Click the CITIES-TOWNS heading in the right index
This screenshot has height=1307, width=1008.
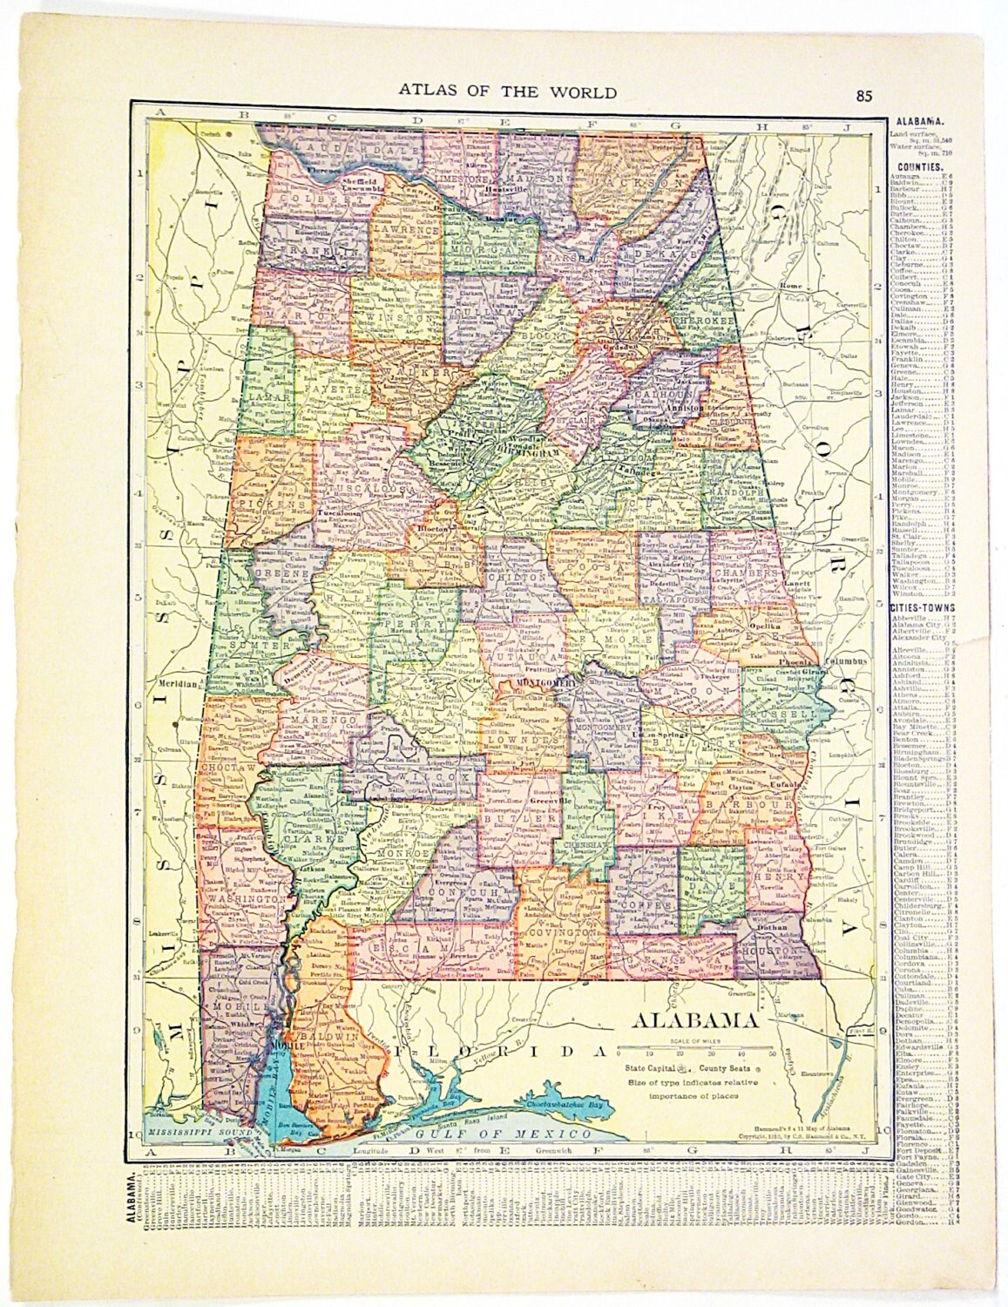click(923, 606)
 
